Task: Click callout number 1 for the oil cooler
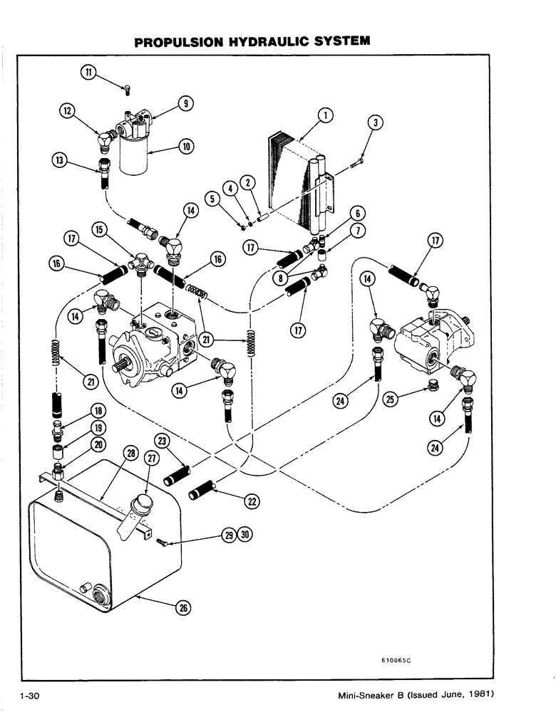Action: pos(324,115)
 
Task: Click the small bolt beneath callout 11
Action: pos(125,88)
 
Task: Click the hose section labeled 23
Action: pos(182,471)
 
